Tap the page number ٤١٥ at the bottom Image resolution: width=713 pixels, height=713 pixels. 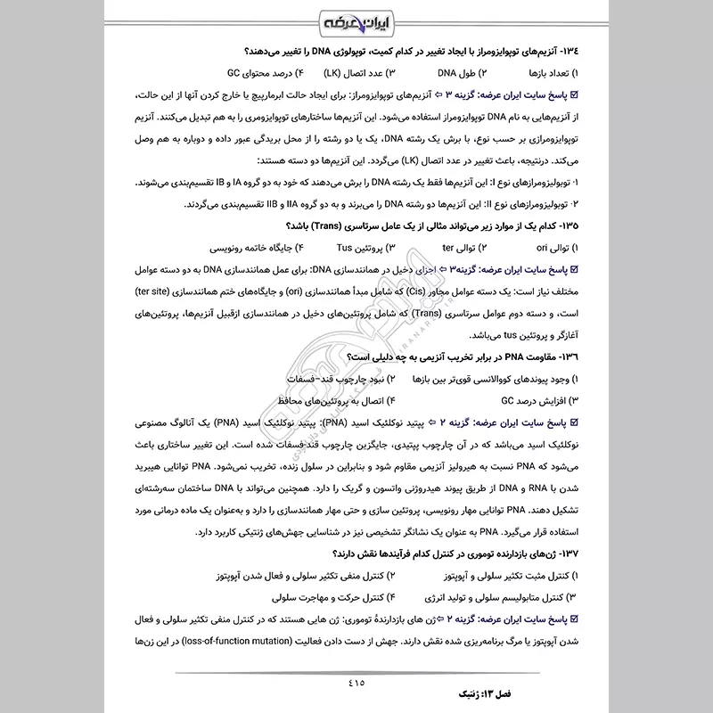356,684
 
